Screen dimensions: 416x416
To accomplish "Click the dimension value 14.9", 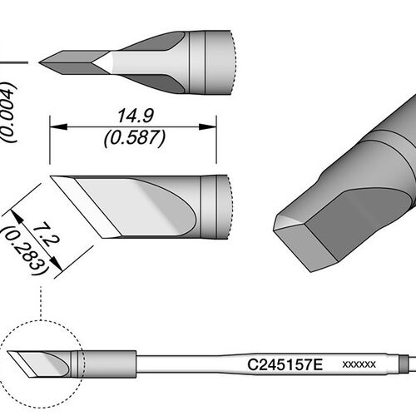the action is pyautogui.click(x=136, y=116).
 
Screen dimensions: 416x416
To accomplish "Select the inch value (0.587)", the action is pyautogui.click(x=135, y=138).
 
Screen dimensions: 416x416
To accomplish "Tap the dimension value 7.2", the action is pyautogui.click(x=45, y=235).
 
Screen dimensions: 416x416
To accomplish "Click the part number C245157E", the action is pyautogui.click(x=285, y=365).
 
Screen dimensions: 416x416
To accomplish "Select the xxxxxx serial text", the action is pyautogui.click(x=359, y=364).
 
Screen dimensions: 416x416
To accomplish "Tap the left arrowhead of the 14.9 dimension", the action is pyautogui.click(x=58, y=126).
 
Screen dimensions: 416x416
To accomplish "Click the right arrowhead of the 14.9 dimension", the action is pyautogui.click(x=208, y=126).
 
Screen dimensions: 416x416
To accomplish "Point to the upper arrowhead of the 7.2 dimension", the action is pyautogui.click(x=17, y=216).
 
